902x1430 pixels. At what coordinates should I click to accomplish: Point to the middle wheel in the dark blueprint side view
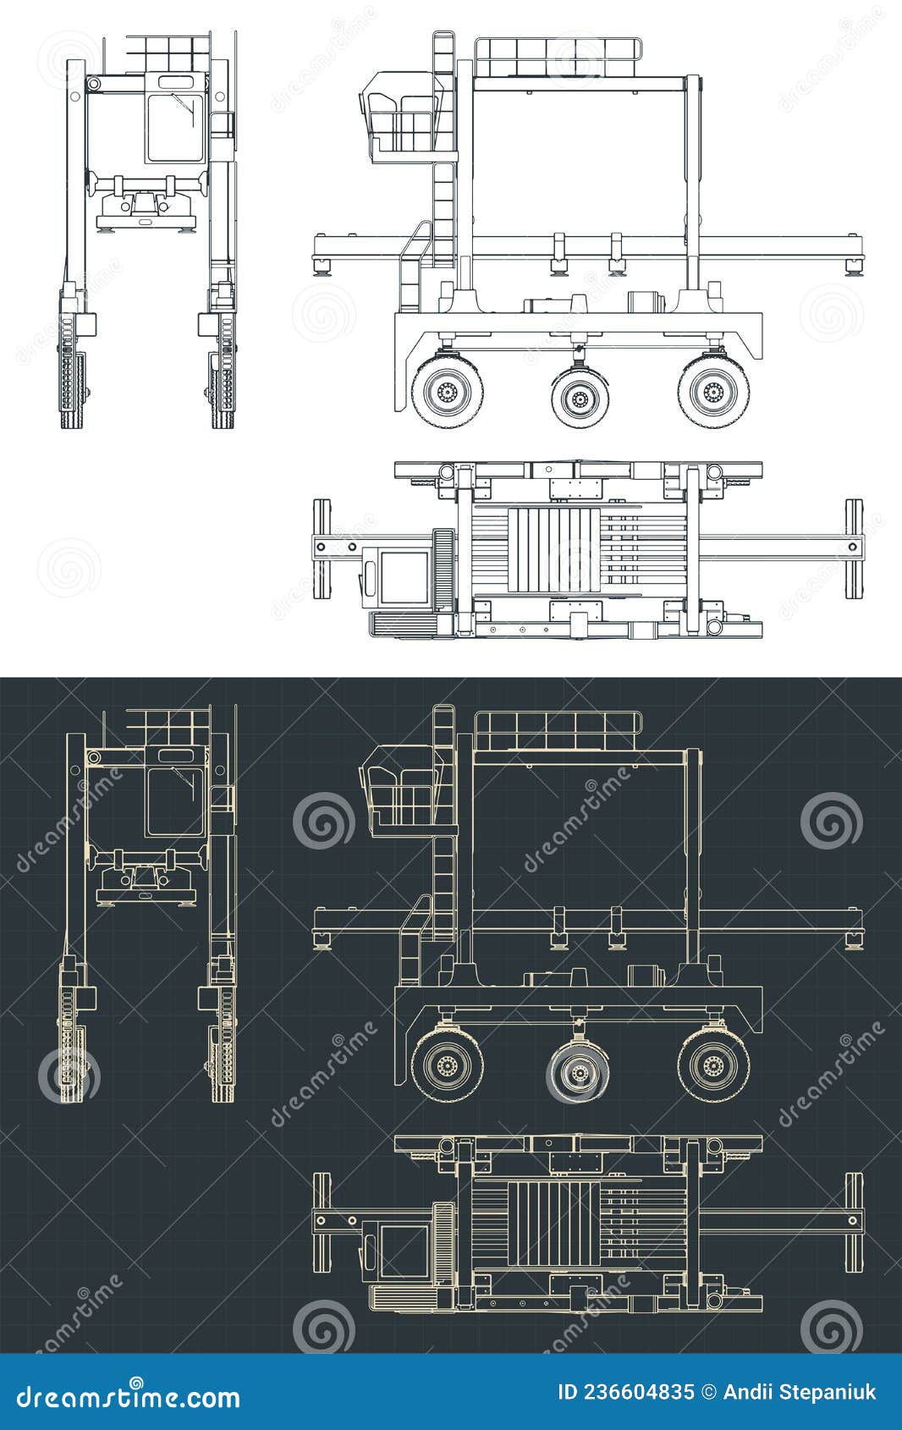tap(580, 1071)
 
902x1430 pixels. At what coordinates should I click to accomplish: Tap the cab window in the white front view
tap(175, 127)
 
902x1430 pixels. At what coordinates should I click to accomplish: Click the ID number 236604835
tap(625, 1393)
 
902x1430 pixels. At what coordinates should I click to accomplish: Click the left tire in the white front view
tap(73, 389)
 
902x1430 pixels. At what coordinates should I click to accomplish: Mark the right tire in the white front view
tap(223, 389)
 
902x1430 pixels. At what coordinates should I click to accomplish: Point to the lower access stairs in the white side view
tap(413, 267)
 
